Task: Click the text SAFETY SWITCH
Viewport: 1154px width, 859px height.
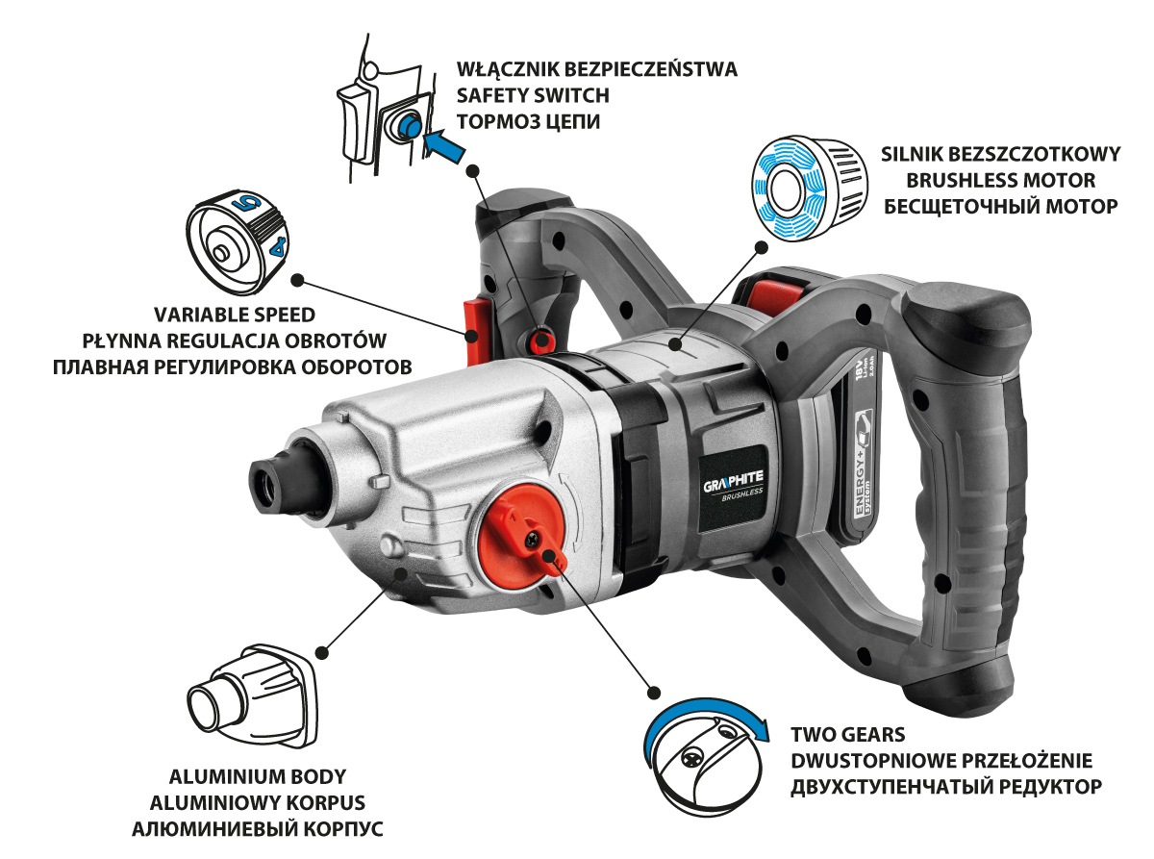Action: coord(533,95)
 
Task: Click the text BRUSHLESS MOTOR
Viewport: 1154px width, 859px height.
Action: coord(1000,180)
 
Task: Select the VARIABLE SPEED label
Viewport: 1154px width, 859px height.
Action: coord(235,315)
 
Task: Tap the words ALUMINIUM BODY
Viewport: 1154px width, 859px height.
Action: coord(257,776)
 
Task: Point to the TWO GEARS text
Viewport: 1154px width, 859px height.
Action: coord(848,734)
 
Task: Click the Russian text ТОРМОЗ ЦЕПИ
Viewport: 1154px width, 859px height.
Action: coord(528,121)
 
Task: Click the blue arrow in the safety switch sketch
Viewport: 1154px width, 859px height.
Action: coord(443,146)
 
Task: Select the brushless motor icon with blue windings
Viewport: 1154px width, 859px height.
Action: coord(809,188)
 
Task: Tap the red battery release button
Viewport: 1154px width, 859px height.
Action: coord(771,294)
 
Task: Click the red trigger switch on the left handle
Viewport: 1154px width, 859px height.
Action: coord(472,331)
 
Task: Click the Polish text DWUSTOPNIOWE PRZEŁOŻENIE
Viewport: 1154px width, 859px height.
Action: coord(941,760)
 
